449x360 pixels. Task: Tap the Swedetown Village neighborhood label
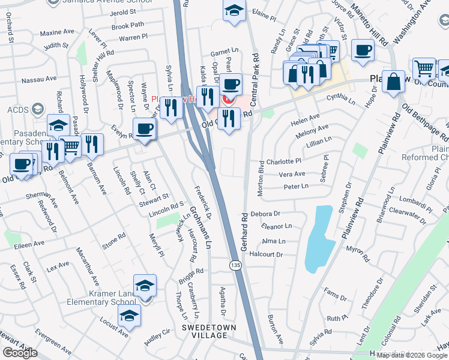(209, 331)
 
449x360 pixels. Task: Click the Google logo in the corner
(20, 353)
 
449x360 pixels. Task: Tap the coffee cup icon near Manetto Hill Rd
(362, 51)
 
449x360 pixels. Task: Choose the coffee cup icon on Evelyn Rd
(144, 128)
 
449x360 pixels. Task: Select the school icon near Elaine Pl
(234, 10)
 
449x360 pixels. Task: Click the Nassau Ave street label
(39, 78)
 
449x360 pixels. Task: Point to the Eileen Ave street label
(31, 244)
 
